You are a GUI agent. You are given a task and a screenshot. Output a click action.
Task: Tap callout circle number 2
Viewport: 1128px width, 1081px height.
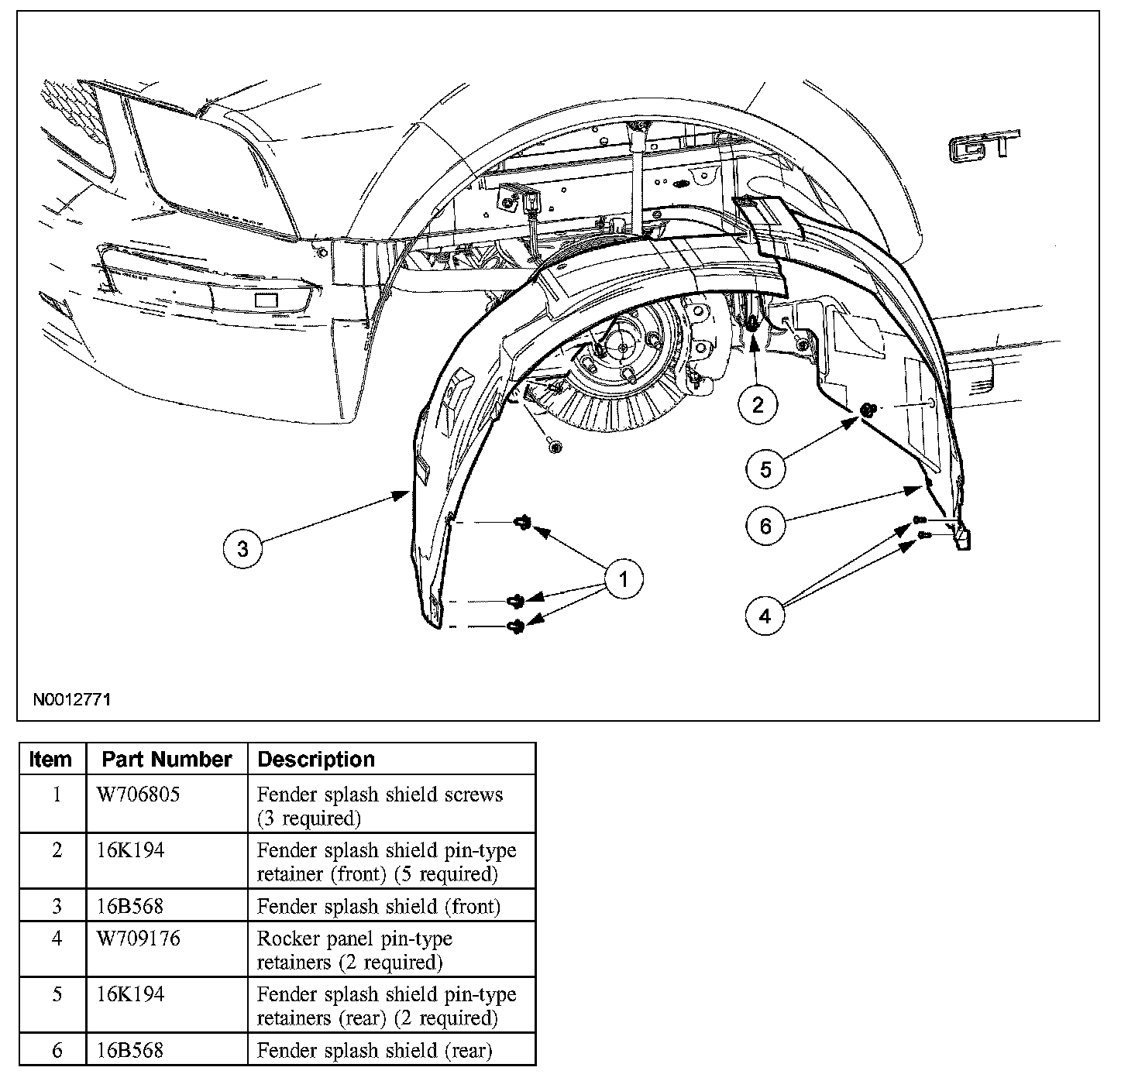[757, 403]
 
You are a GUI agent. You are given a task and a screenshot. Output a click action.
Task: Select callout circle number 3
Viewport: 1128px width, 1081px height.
[243, 548]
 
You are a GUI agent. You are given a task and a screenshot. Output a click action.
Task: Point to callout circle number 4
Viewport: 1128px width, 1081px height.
[765, 616]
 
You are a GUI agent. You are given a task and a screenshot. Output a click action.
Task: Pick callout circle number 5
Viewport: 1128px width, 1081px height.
[765, 468]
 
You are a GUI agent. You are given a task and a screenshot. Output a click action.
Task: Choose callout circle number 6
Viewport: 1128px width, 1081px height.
[765, 526]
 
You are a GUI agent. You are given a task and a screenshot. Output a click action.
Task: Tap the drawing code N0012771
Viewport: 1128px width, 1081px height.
[72, 700]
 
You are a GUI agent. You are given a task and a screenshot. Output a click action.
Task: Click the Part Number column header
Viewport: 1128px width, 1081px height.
[167, 760]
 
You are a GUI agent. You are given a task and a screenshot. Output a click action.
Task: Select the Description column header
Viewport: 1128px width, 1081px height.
[316, 760]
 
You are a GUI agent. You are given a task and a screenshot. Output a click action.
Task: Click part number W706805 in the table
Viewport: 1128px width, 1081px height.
[139, 794]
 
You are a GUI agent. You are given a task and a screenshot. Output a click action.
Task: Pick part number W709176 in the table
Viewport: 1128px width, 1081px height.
[139, 939]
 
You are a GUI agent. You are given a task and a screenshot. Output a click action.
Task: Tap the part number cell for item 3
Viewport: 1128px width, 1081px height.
[130, 905]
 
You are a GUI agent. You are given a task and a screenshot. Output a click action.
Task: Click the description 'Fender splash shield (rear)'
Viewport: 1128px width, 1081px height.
[374, 1050]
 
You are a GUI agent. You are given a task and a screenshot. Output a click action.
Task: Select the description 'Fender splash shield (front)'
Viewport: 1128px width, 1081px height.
[379, 905]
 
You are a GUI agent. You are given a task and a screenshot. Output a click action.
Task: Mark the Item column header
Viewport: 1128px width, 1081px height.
[51, 760]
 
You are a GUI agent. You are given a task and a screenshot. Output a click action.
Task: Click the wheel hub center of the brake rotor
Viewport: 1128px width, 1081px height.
[624, 347]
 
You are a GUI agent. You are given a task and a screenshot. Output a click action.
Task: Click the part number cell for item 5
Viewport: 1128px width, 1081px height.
[130, 993]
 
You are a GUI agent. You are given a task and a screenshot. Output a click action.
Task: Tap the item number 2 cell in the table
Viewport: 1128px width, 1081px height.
[57, 849]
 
